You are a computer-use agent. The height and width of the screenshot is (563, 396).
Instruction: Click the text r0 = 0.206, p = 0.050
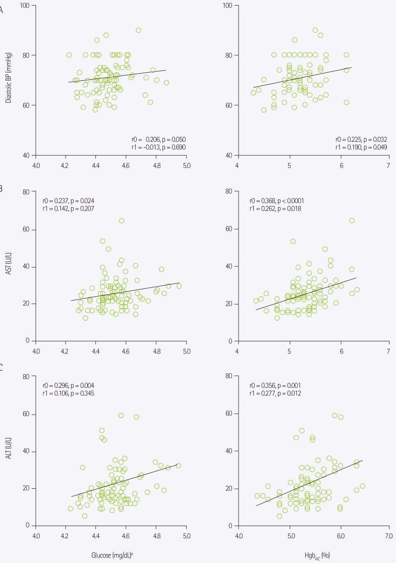158,138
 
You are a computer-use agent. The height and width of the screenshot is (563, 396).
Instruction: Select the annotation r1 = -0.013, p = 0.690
158,147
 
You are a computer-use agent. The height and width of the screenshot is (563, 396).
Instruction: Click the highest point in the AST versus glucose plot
122,221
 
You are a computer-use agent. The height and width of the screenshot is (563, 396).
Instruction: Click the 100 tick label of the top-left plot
24,5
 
